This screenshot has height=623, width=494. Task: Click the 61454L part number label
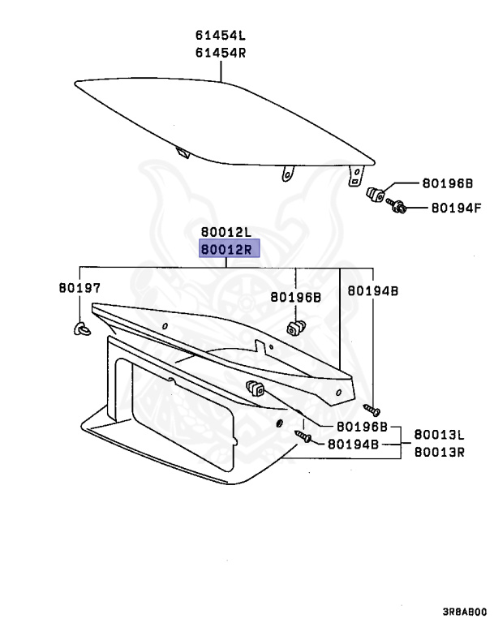point(220,36)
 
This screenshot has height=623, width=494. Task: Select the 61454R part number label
point(220,53)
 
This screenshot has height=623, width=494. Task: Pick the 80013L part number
point(439,435)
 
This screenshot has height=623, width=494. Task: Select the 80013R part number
point(439,452)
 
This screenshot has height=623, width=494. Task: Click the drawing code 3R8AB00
point(465,612)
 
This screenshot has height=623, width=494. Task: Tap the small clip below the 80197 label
point(79,328)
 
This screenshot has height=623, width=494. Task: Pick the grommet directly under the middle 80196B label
point(295,328)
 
